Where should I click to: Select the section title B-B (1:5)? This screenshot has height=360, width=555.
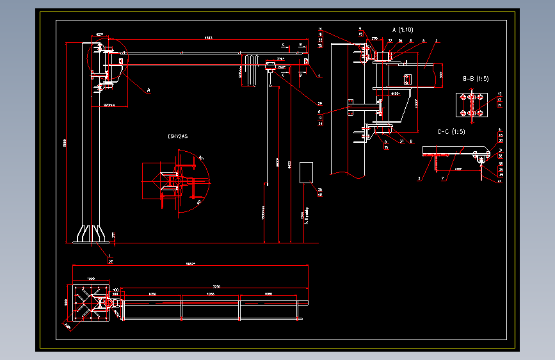[x=476, y=79]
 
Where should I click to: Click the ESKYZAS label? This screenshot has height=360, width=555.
[x=177, y=136]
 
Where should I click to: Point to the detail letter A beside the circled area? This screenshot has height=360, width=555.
[x=148, y=91]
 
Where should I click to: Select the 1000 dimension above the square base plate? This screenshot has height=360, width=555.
[x=90, y=279]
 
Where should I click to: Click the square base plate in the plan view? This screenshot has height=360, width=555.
[x=90, y=303]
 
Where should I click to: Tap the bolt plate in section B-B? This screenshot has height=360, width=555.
[x=471, y=106]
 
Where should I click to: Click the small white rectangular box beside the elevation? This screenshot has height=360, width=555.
[x=306, y=173]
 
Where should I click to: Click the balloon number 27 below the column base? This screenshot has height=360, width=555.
[x=110, y=261]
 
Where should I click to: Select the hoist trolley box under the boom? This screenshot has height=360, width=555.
[x=270, y=65]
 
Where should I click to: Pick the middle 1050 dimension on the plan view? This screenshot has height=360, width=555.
[x=210, y=294]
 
